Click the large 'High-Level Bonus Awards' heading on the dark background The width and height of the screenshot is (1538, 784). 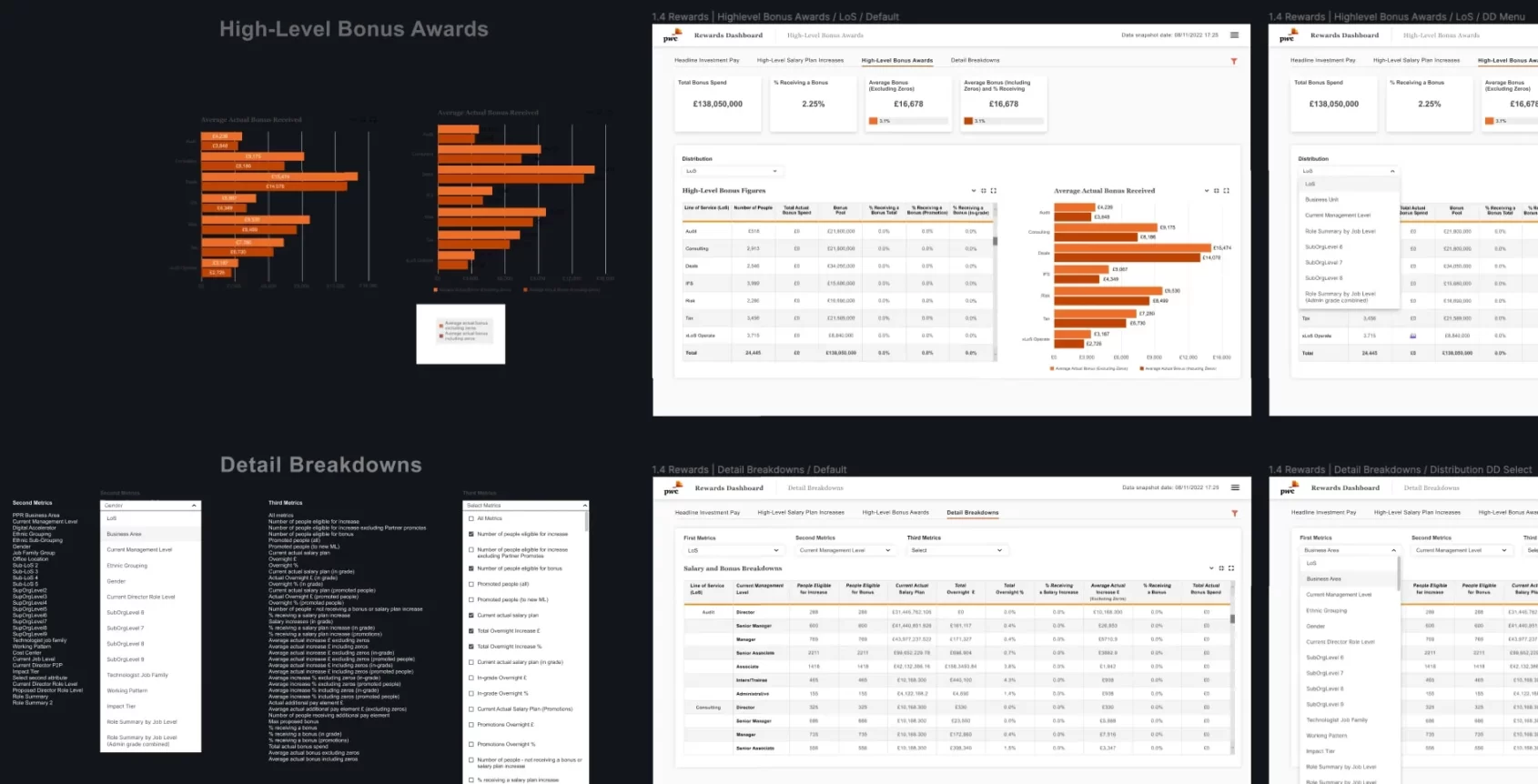tap(353, 30)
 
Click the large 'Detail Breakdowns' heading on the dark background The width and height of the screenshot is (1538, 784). tap(320, 465)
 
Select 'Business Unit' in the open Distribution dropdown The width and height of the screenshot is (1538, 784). tap(1321, 199)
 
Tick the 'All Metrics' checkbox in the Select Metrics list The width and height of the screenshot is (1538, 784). tap(471, 518)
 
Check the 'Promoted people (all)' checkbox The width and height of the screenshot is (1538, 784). tap(471, 584)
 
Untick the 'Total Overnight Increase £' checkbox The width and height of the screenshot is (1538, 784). tap(471, 631)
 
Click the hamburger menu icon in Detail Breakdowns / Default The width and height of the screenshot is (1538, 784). tap(1235, 487)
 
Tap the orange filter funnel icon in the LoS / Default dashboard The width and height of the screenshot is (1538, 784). tap(1234, 62)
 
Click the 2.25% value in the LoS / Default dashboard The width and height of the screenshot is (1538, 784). tap(813, 105)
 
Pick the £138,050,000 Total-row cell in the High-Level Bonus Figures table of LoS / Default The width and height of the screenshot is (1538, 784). tap(841, 353)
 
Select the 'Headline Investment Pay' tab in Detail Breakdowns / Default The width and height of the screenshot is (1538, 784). tap(707, 512)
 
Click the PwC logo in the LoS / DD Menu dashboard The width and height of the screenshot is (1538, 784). tap(1287, 36)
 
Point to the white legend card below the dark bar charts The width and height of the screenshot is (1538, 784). tap(460, 334)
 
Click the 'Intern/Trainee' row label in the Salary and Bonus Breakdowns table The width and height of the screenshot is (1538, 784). tap(752, 679)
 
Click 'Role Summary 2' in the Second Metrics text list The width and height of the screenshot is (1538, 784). tap(33, 702)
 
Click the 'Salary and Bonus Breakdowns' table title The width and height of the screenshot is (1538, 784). tap(733, 568)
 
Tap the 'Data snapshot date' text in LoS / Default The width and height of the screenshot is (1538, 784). tap(1169, 35)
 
